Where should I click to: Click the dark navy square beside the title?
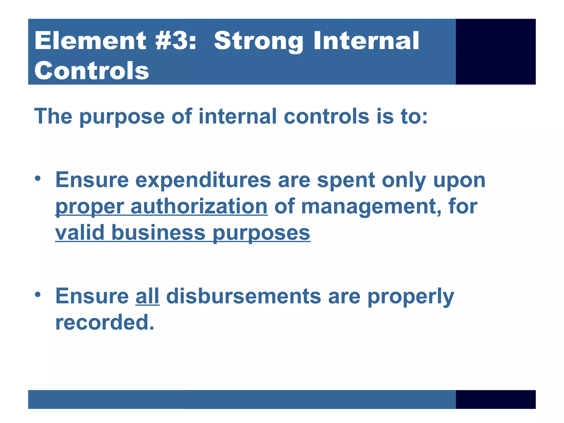coord(495,51)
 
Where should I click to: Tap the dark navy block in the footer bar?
coord(495,399)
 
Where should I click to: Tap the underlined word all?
coord(147,296)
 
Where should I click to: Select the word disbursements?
coord(243,296)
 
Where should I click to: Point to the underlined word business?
coord(158,233)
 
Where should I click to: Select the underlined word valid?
coord(80,233)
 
